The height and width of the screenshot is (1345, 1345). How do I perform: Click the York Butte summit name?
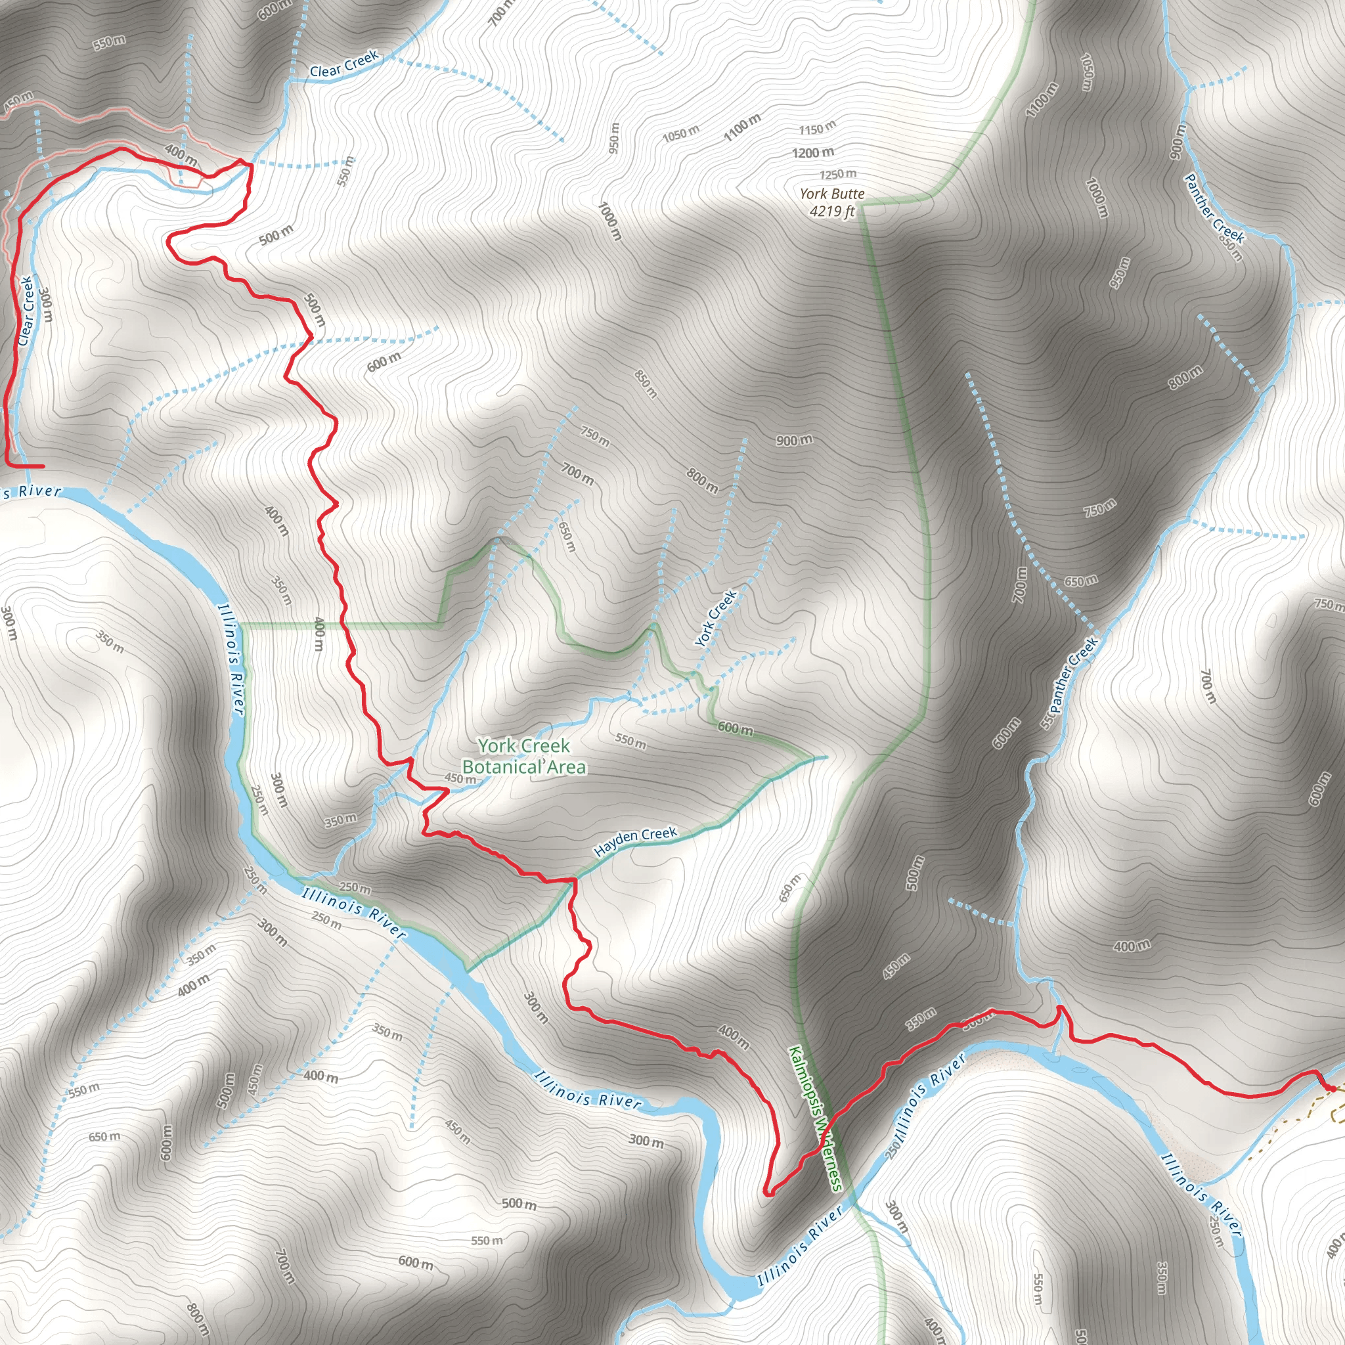(x=831, y=194)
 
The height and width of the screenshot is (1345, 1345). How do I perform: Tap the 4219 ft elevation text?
(x=831, y=211)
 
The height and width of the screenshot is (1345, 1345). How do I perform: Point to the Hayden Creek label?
(x=635, y=842)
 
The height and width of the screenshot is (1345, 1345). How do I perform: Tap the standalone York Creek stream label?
(x=716, y=617)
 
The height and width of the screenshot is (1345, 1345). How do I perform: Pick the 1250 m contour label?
(x=837, y=174)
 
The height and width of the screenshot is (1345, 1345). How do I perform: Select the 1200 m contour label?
(x=812, y=152)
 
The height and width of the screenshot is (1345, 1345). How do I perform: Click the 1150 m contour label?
(x=816, y=129)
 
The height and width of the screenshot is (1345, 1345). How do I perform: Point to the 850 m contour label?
(x=646, y=384)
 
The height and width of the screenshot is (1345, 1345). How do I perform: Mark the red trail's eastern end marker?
(x=1329, y=1088)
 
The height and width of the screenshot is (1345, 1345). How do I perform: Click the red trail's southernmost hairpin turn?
(x=768, y=1193)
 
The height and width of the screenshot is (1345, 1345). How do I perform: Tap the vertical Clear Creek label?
(x=26, y=311)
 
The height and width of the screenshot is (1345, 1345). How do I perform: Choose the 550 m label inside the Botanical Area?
(x=630, y=741)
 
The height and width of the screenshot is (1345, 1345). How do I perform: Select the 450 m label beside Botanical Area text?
(x=460, y=778)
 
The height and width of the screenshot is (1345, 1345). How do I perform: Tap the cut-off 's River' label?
(x=32, y=491)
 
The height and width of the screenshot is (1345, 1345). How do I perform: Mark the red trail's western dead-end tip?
(x=43, y=466)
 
